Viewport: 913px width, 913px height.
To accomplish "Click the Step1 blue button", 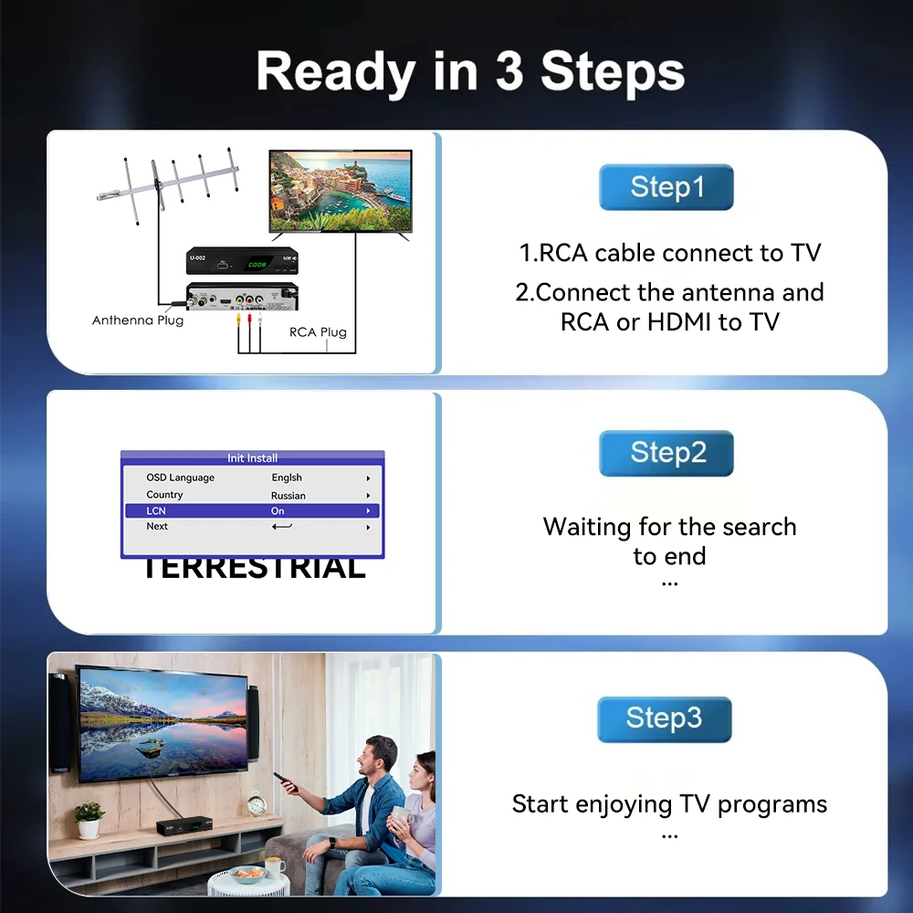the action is point(666,187).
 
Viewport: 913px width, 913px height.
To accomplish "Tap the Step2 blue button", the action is point(666,453).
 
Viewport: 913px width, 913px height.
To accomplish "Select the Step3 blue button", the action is point(665,719).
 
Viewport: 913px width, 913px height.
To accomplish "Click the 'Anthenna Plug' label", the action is point(138,320).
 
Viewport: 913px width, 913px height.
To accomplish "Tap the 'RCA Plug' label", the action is point(318,332).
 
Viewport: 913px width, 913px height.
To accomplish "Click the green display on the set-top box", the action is point(257,265).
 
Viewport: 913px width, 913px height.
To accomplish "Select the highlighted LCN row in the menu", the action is point(252,510).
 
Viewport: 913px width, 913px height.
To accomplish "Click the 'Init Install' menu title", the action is point(252,457).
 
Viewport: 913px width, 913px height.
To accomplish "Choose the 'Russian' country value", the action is point(289,496).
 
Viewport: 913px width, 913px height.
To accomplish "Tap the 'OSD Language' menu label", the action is point(181,477).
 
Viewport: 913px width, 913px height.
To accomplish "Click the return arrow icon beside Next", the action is point(282,527).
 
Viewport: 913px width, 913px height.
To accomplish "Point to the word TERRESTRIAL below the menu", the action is point(255,569).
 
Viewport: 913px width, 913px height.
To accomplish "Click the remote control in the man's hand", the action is point(286,782).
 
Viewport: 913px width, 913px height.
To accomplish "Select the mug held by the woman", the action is point(401,817).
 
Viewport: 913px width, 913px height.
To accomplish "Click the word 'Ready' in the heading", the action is point(336,72).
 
